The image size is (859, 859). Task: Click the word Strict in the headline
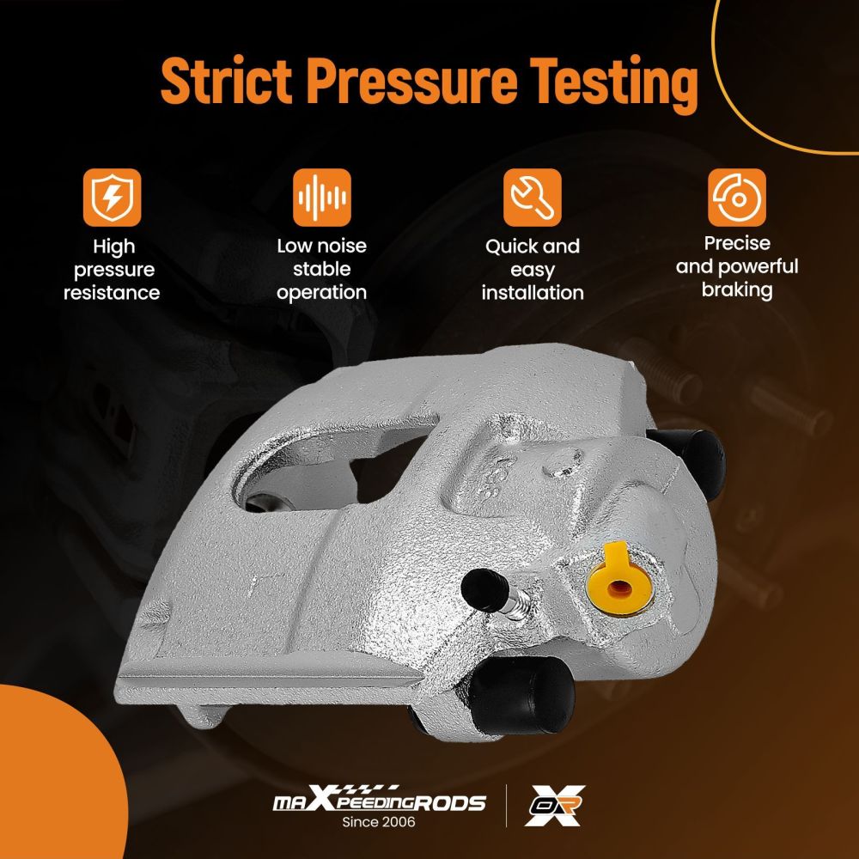[226, 80]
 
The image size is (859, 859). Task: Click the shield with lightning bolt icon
[112, 198]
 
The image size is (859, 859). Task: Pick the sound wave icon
[321, 198]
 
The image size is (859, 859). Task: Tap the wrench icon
[533, 198]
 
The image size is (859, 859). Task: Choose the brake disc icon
[737, 198]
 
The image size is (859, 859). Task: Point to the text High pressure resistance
[112, 270]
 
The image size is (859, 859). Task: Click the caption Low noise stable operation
[321, 269]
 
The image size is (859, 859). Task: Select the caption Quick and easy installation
[533, 270]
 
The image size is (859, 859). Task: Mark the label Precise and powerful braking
[737, 267]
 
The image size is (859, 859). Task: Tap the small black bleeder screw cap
[485, 590]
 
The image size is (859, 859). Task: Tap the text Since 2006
[379, 822]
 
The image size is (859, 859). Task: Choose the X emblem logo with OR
[554, 805]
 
